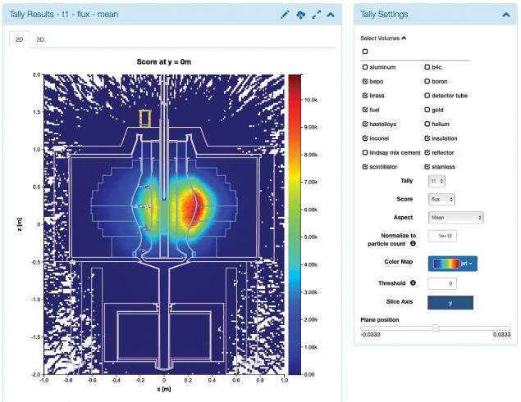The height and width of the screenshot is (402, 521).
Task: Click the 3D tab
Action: (41, 39)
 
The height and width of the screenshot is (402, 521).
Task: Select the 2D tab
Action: (20, 39)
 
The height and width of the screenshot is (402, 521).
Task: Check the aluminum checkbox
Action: (365, 67)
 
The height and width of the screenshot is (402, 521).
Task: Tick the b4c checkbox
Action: (427, 67)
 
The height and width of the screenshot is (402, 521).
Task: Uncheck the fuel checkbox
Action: (365, 110)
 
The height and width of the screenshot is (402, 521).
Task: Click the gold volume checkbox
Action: (427, 110)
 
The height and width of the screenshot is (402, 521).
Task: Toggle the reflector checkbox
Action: (427, 152)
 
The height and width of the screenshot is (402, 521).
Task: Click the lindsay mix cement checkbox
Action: (365, 152)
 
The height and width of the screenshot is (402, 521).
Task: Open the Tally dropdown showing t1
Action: (436, 180)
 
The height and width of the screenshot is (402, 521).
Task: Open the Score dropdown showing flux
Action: (441, 199)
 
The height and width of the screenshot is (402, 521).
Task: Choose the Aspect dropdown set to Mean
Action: (455, 218)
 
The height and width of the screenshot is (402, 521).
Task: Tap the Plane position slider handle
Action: (436, 327)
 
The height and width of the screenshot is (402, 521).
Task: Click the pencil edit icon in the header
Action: (285, 15)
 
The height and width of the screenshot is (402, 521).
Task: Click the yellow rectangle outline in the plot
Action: (146, 119)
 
